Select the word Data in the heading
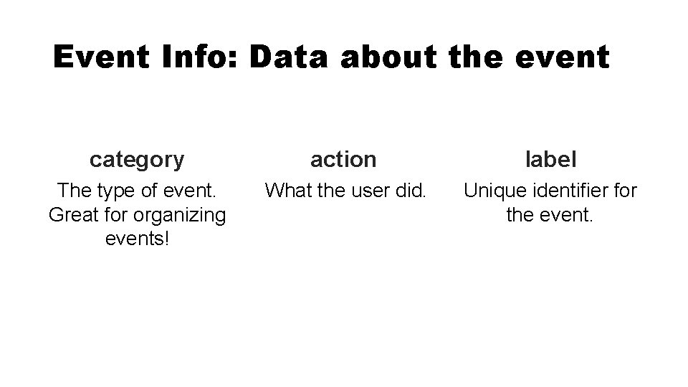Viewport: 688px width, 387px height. tap(290, 57)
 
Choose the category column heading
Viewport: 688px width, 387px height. tap(137, 160)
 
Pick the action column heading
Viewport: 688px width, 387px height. tap(343, 159)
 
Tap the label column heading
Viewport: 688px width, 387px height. tap(550, 159)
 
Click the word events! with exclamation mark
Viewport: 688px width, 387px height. tap(137, 238)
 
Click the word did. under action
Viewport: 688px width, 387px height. tap(411, 191)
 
